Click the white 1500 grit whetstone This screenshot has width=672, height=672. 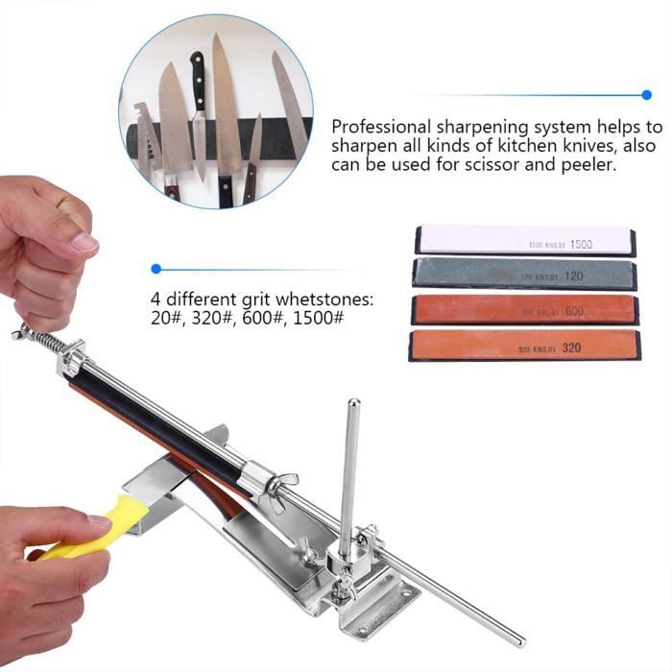[x=524, y=241]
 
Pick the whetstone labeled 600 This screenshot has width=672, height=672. [x=524, y=309]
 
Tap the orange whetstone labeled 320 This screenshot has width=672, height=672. [x=524, y=346]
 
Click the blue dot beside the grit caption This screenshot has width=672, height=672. [x=156, y=269]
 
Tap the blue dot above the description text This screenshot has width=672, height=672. [x=645, y=95]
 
